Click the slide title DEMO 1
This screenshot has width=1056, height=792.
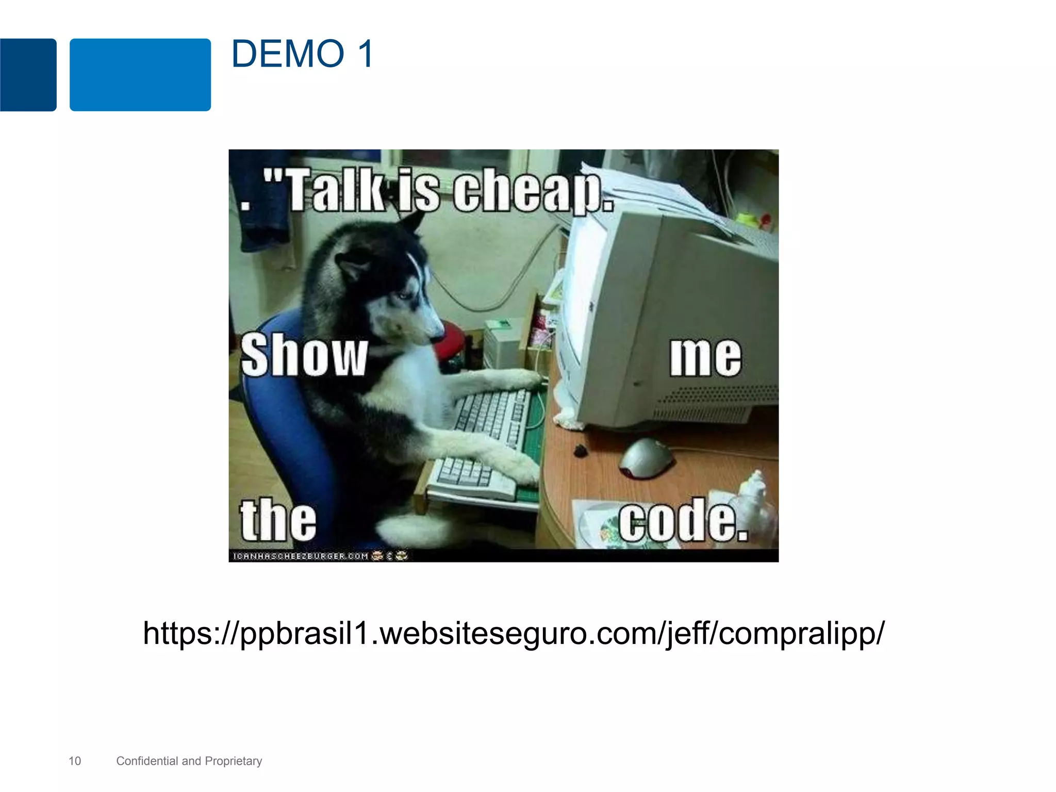(302, 54)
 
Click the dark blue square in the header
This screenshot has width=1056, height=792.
(28, 75)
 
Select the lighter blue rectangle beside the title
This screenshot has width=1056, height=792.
(140, 75)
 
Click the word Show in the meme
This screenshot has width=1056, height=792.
(304, 356)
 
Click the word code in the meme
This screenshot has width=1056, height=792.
(683, 521)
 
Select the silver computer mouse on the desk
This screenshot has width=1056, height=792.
(647, 457)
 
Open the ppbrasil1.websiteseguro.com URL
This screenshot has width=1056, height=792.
(514, 633)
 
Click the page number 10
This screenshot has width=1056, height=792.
(75, 761)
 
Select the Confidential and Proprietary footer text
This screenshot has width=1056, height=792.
(189, 761)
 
